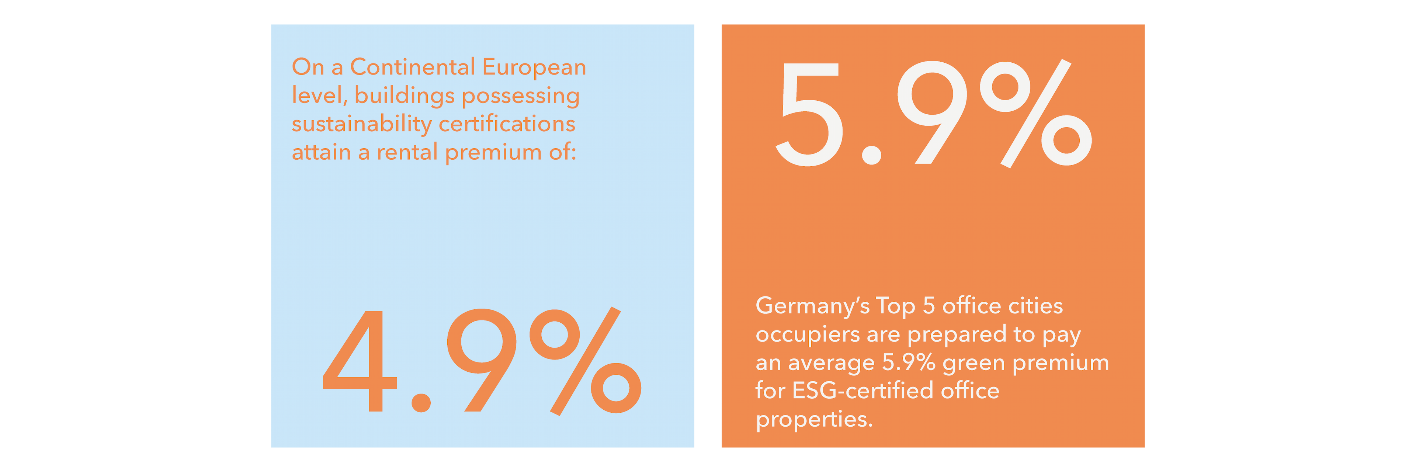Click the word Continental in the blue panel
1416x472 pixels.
(x=412, y=67)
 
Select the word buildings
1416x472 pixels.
(x=405, y=96)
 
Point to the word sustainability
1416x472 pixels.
(x=362, y=124)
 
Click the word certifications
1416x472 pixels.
(x=507, y=124)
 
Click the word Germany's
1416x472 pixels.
(x=812, y=306)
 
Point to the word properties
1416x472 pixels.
(x=813, y=420)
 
